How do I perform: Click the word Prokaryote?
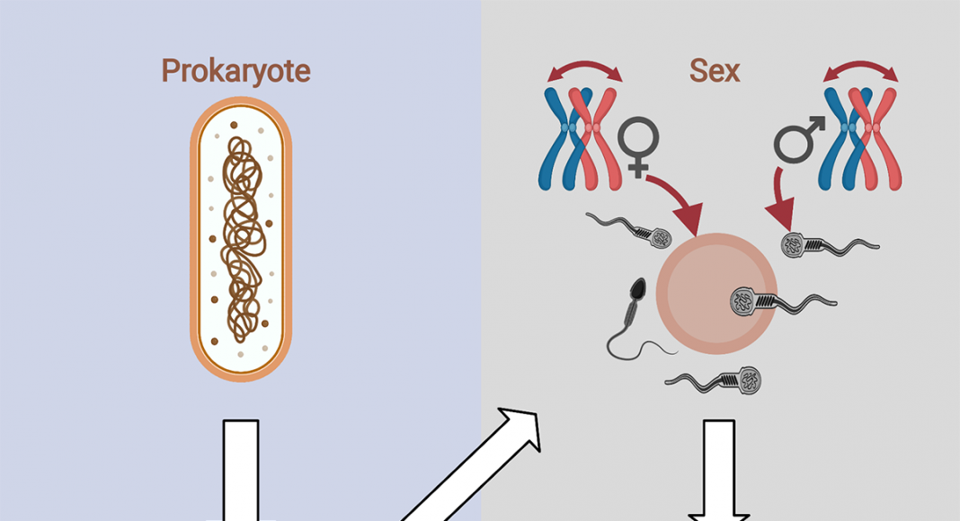click(x=236, y=72)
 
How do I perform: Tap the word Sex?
click(x=715, y=70)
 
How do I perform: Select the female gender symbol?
click(x=638, y=146)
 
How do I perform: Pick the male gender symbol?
click(x=799, y=140)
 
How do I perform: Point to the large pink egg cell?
click(x=716, y=294)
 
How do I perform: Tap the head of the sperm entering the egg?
click(x=743, y=302)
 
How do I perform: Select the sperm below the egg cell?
click(x=714, y=380)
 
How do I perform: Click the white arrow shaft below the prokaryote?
click(x=241, y=470)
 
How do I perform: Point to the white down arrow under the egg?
click(x=719, y=471)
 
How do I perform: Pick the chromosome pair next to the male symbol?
click(x=860, y=139)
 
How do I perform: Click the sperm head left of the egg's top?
click(x=660, y=237)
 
